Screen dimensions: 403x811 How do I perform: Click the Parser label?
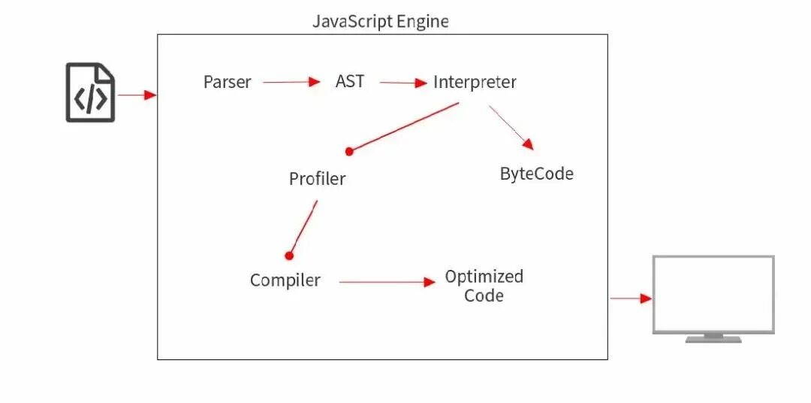[227, 82]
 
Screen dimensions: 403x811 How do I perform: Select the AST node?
[350, 81]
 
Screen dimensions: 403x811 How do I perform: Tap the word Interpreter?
[475, 82]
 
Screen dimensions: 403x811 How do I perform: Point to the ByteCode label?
[536, 174]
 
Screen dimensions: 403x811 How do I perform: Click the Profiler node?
[317, 179]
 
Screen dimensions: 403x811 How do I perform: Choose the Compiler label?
[285, 280]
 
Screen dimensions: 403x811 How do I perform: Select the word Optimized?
[484, 276]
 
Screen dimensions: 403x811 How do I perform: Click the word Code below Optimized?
[484, 295]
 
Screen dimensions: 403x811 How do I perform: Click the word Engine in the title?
[424, 21]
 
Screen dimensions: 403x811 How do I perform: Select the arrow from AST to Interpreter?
[403, 83]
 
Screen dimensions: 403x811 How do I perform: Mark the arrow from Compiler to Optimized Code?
[387, 282]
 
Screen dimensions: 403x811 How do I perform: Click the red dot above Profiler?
[349, 151]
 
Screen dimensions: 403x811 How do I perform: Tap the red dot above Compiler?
[288, 255]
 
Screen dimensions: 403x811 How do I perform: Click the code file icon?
[90, 92]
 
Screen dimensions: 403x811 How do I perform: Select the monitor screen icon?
[713, 295]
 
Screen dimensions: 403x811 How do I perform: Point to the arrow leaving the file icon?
[137, 95]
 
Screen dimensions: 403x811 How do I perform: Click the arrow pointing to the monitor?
[630, 298]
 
